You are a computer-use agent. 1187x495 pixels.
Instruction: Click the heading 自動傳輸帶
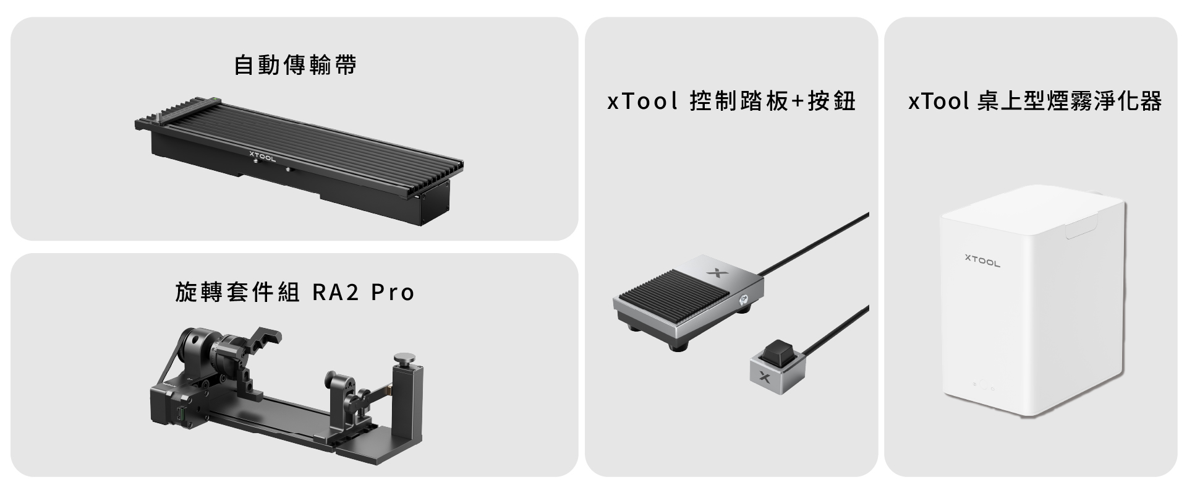(x=296, y=65)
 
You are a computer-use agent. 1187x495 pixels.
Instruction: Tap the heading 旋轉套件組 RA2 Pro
(x=295, y=292)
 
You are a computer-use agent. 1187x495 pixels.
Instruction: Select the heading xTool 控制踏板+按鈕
(x=731, y=101)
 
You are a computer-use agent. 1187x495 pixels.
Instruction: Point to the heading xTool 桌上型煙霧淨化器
(x=1035, y=101)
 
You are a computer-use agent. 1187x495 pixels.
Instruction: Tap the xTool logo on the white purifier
(x=982, y=260)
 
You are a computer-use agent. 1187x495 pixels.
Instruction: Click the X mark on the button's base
(x=764, y=377)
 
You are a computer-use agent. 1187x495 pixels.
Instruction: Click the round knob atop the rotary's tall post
(x=406, y=358)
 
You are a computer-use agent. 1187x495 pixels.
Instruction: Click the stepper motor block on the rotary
(x=172, y=407)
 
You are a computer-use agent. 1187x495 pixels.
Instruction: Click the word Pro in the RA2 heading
(x=393, y=292)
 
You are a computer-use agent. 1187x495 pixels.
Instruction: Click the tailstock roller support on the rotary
(x=347, y=396)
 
